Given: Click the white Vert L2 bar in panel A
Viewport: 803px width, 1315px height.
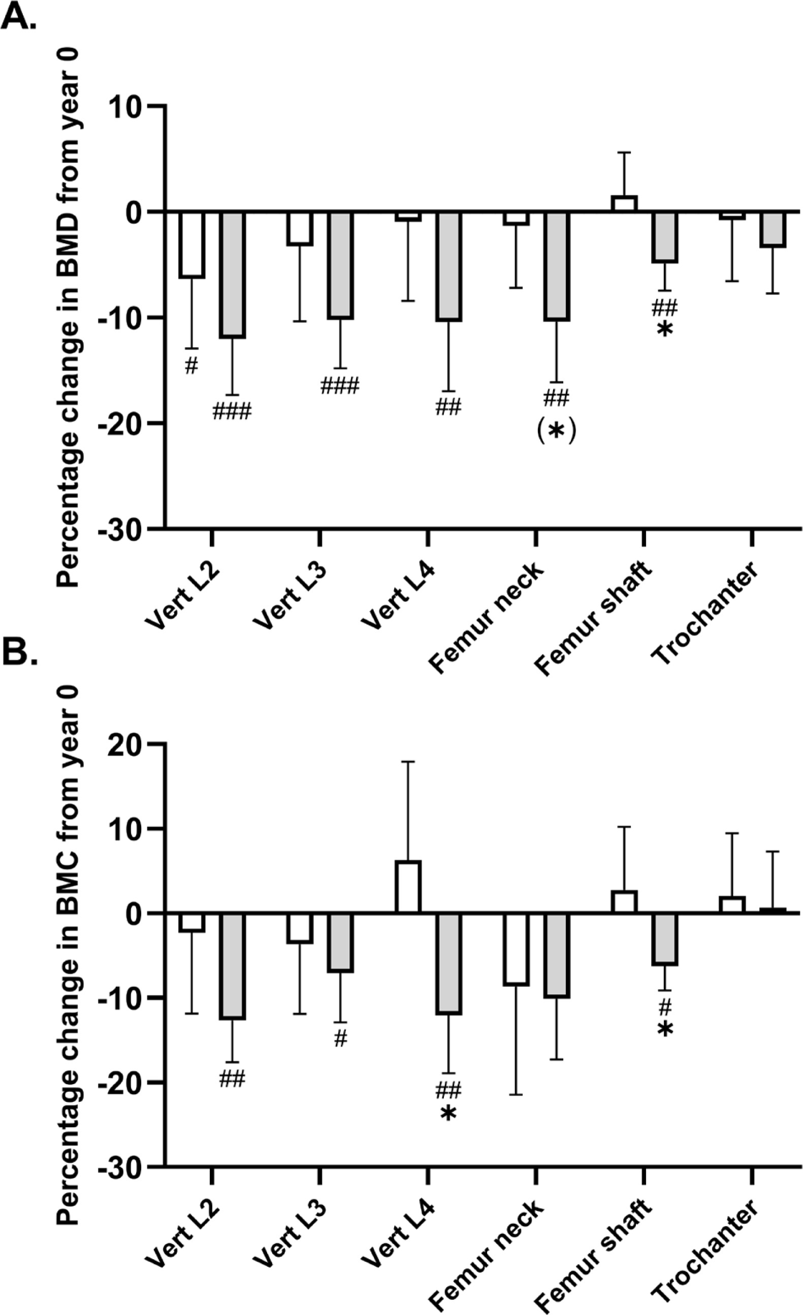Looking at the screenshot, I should [191, 245].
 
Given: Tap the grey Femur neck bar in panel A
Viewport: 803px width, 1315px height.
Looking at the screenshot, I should [557, 266].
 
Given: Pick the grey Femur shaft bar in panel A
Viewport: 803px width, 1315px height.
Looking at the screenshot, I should [665, 237].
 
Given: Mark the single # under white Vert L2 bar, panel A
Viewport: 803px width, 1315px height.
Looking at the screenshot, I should [191, 366].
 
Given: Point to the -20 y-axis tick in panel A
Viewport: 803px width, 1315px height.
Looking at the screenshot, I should [123, 423].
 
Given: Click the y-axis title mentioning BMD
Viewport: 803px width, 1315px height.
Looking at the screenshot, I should [69, 317].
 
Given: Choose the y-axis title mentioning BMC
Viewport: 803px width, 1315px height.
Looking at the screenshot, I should [69, 955].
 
